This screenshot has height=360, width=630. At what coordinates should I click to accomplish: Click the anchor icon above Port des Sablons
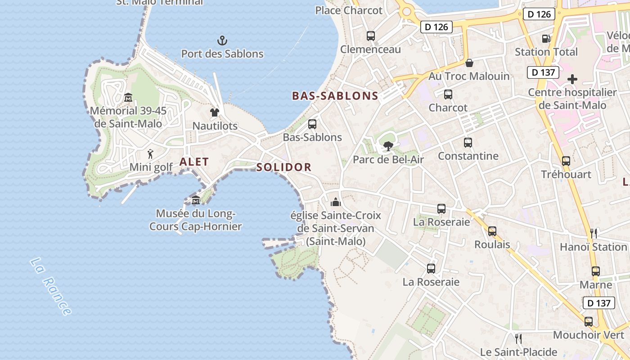tap(222, 41)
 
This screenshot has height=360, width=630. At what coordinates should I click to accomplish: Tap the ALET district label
tap(194, 162)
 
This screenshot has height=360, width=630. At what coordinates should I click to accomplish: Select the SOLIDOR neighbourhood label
tap(284, 167)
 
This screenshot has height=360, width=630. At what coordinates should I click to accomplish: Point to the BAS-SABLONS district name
tap(335, 96)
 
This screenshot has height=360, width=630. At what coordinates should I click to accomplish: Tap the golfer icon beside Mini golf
tap(151, 154)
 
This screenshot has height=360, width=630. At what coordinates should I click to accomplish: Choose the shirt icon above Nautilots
tap(215, 112)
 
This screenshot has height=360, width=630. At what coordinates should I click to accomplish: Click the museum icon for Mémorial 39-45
tap(128, 97)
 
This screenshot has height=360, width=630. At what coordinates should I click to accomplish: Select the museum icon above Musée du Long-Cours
tap(196, 200)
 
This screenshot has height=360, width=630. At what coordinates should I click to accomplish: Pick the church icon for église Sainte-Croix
tap(336, 202)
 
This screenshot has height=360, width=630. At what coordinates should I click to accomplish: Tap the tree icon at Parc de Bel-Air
tap(388, 146)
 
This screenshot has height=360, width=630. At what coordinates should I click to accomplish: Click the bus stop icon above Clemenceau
tap(371, 36)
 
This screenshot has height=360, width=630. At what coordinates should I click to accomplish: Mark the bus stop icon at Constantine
tap(468, 143)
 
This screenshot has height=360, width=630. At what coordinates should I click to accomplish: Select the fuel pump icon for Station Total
tap(546, 39)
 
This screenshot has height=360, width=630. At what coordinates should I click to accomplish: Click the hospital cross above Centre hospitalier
tap(572, 80)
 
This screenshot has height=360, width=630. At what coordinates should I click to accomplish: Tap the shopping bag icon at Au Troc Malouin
tap(469, 63)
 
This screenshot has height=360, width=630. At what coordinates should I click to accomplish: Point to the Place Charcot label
tap(349, 10)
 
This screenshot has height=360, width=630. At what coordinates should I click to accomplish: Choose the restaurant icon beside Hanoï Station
tap(594, 233)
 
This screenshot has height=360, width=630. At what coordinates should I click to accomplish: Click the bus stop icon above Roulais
tap(492, 231)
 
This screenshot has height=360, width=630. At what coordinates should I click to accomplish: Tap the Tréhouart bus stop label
tap(566, 174)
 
